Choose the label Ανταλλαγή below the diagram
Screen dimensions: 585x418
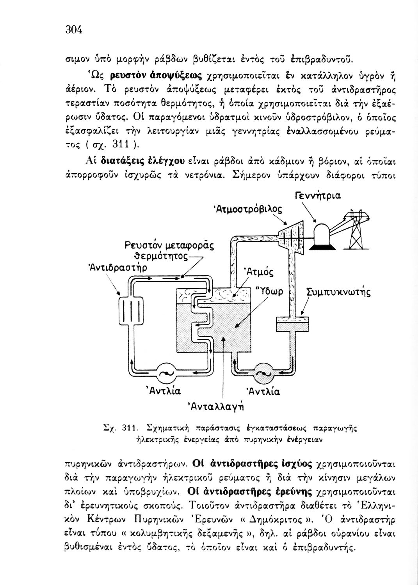217,406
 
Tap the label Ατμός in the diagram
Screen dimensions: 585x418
258,272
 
